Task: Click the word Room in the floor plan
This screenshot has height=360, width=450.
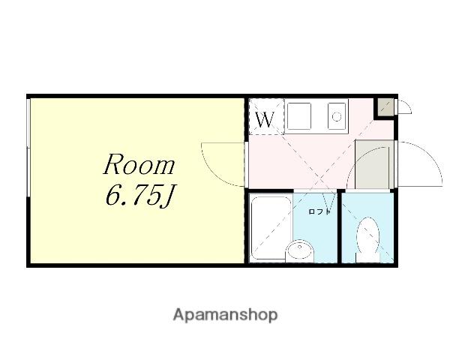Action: [x=139, y=164]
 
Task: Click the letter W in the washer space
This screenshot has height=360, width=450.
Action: [x=265, y=120]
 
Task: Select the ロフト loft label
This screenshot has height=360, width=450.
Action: [x=319, y=211]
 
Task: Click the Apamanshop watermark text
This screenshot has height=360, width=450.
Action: [x=225, y=315]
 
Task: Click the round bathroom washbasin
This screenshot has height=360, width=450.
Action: [x=299, y=250]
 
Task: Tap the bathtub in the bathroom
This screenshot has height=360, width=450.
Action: [x=270, y=228]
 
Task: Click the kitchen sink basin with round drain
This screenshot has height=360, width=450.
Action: [x=336, y=116]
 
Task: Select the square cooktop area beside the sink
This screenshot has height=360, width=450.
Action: [x=299, y=116]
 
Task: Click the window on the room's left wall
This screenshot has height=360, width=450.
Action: [x=28, y=148]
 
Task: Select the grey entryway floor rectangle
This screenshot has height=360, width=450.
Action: [x=374, y=164]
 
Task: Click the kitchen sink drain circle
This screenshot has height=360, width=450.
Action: [x=336, y=116]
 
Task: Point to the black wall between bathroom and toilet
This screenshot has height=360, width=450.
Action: [x=340, y=226]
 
